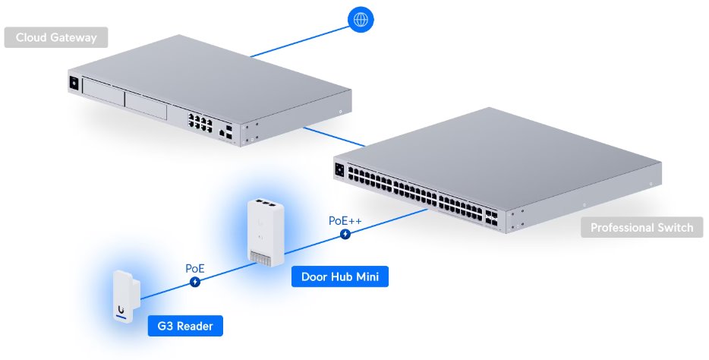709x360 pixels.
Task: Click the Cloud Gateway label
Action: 55,37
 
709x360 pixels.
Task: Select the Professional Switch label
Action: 641,227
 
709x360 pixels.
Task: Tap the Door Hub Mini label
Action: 339,277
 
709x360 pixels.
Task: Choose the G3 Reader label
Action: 185,327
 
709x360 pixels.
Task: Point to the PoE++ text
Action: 345,220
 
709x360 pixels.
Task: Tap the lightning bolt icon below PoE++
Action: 346,235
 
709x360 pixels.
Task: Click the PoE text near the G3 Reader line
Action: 195,268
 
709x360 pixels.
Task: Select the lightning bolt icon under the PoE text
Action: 195,283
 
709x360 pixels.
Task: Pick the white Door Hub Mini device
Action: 261,232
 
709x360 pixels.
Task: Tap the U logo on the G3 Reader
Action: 121,310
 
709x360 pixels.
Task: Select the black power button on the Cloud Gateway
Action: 74,82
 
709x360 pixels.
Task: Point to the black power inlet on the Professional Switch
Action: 339,170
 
